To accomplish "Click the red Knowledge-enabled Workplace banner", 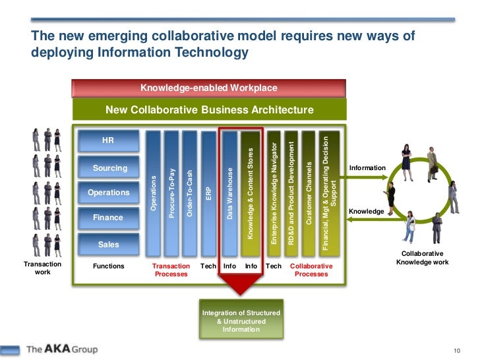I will tap(208, 88).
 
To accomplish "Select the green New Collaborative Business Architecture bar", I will tap(209, 109).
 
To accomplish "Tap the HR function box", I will tap(108, 140).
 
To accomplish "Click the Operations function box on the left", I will tap(109, 193).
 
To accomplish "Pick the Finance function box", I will tap(108, 218).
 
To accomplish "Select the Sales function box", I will tap(109, 244).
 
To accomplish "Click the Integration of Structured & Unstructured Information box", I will tap(241, 321).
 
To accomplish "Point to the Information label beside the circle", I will tap(367, 168).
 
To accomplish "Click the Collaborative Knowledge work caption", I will tap(422, 258).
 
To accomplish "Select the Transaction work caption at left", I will tap(42, 268).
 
